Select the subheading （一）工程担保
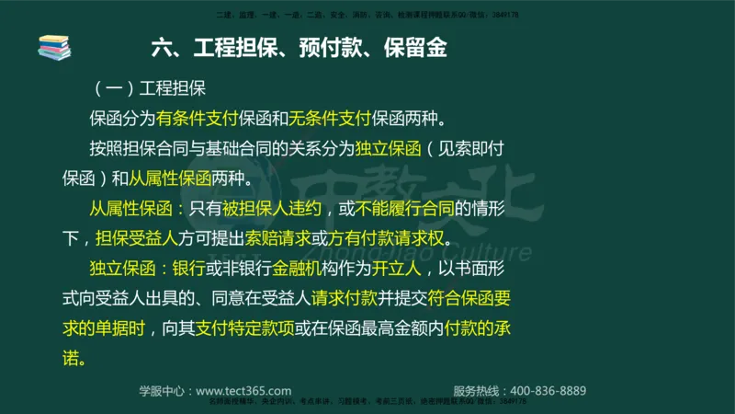(152, 89)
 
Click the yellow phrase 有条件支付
(197, 119)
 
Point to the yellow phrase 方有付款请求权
(386, 239)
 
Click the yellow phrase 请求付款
(342, 299)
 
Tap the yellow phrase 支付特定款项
(244, 329)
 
